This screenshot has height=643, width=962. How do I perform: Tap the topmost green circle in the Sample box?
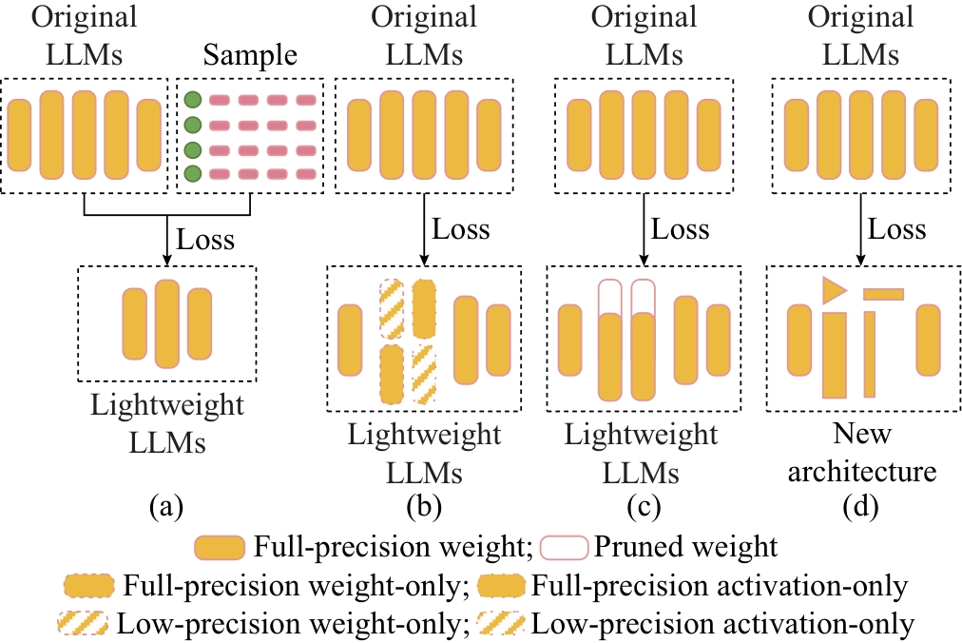click(193, 100)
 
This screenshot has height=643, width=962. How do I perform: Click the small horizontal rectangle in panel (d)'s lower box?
click(883, 293)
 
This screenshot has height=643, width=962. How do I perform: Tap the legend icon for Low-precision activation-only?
click(504, 624)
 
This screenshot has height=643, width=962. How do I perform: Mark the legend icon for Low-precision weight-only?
click(87, 624)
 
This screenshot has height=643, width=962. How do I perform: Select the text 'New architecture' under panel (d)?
click(860, 453)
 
